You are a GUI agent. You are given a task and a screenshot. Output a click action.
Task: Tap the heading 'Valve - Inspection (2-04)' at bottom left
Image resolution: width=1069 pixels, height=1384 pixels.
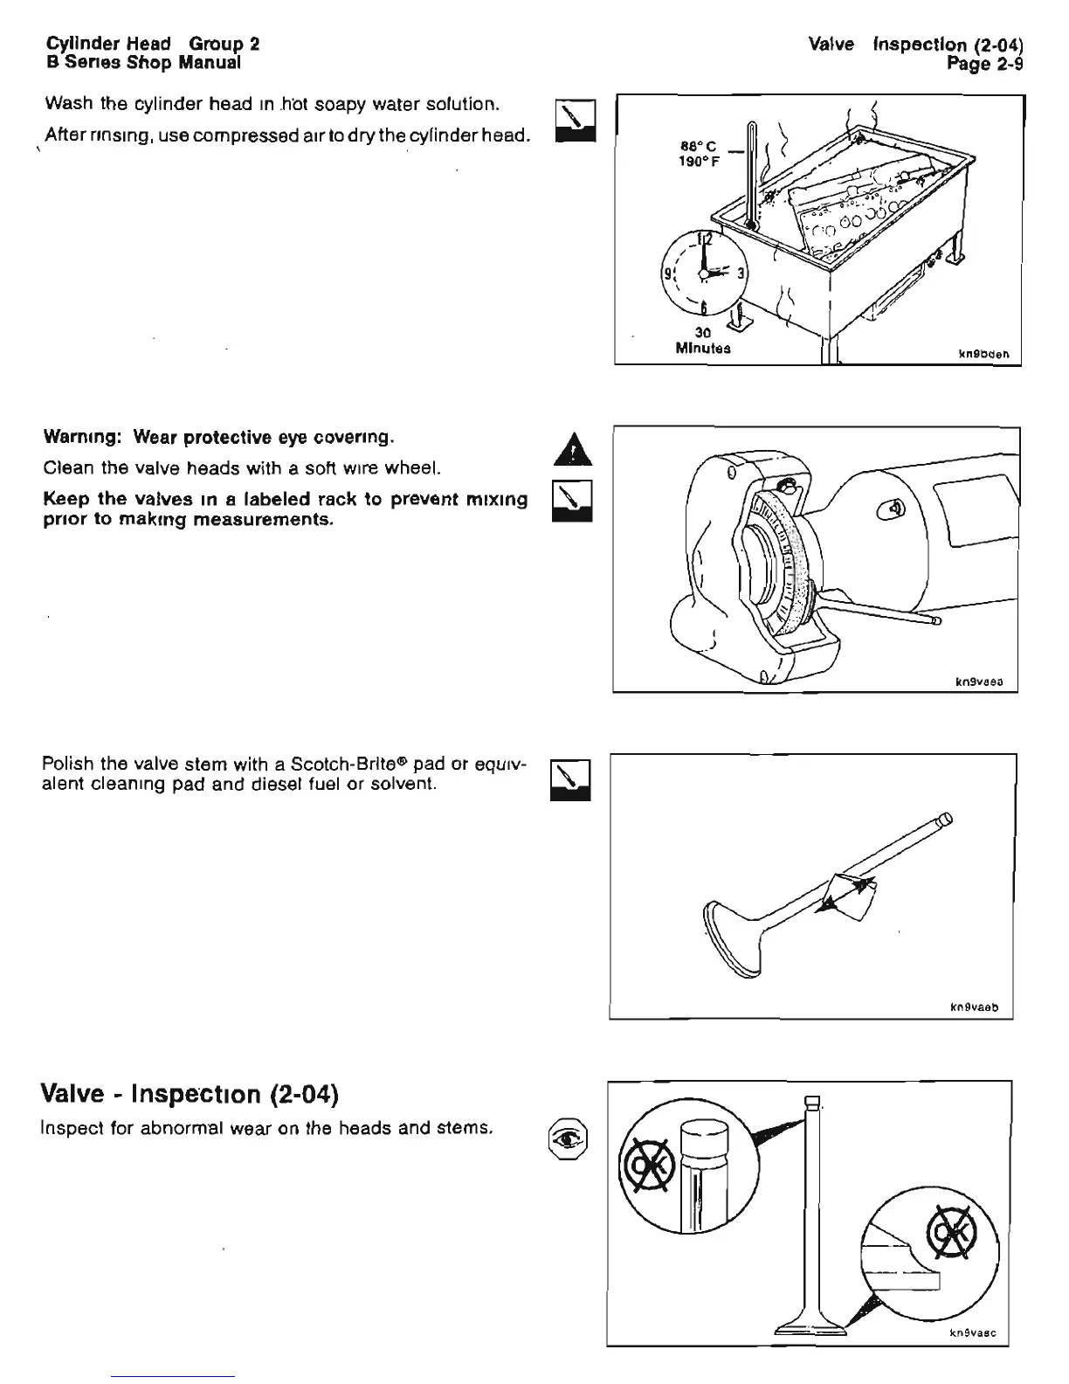tap(190, 1093)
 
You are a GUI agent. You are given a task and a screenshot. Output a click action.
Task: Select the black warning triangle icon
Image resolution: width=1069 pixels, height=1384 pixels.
tap(573, 453)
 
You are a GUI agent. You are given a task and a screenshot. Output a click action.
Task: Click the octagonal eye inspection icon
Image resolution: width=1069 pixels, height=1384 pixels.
tap(568, 1138)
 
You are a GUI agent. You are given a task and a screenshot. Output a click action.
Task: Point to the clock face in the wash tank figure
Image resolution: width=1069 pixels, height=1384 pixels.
tap(701, 272)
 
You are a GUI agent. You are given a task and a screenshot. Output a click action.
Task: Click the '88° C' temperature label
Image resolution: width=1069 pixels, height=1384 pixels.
tap(698, 148)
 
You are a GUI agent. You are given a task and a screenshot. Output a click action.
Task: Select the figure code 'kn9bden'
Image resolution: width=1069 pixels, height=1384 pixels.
tap(983, 355)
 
